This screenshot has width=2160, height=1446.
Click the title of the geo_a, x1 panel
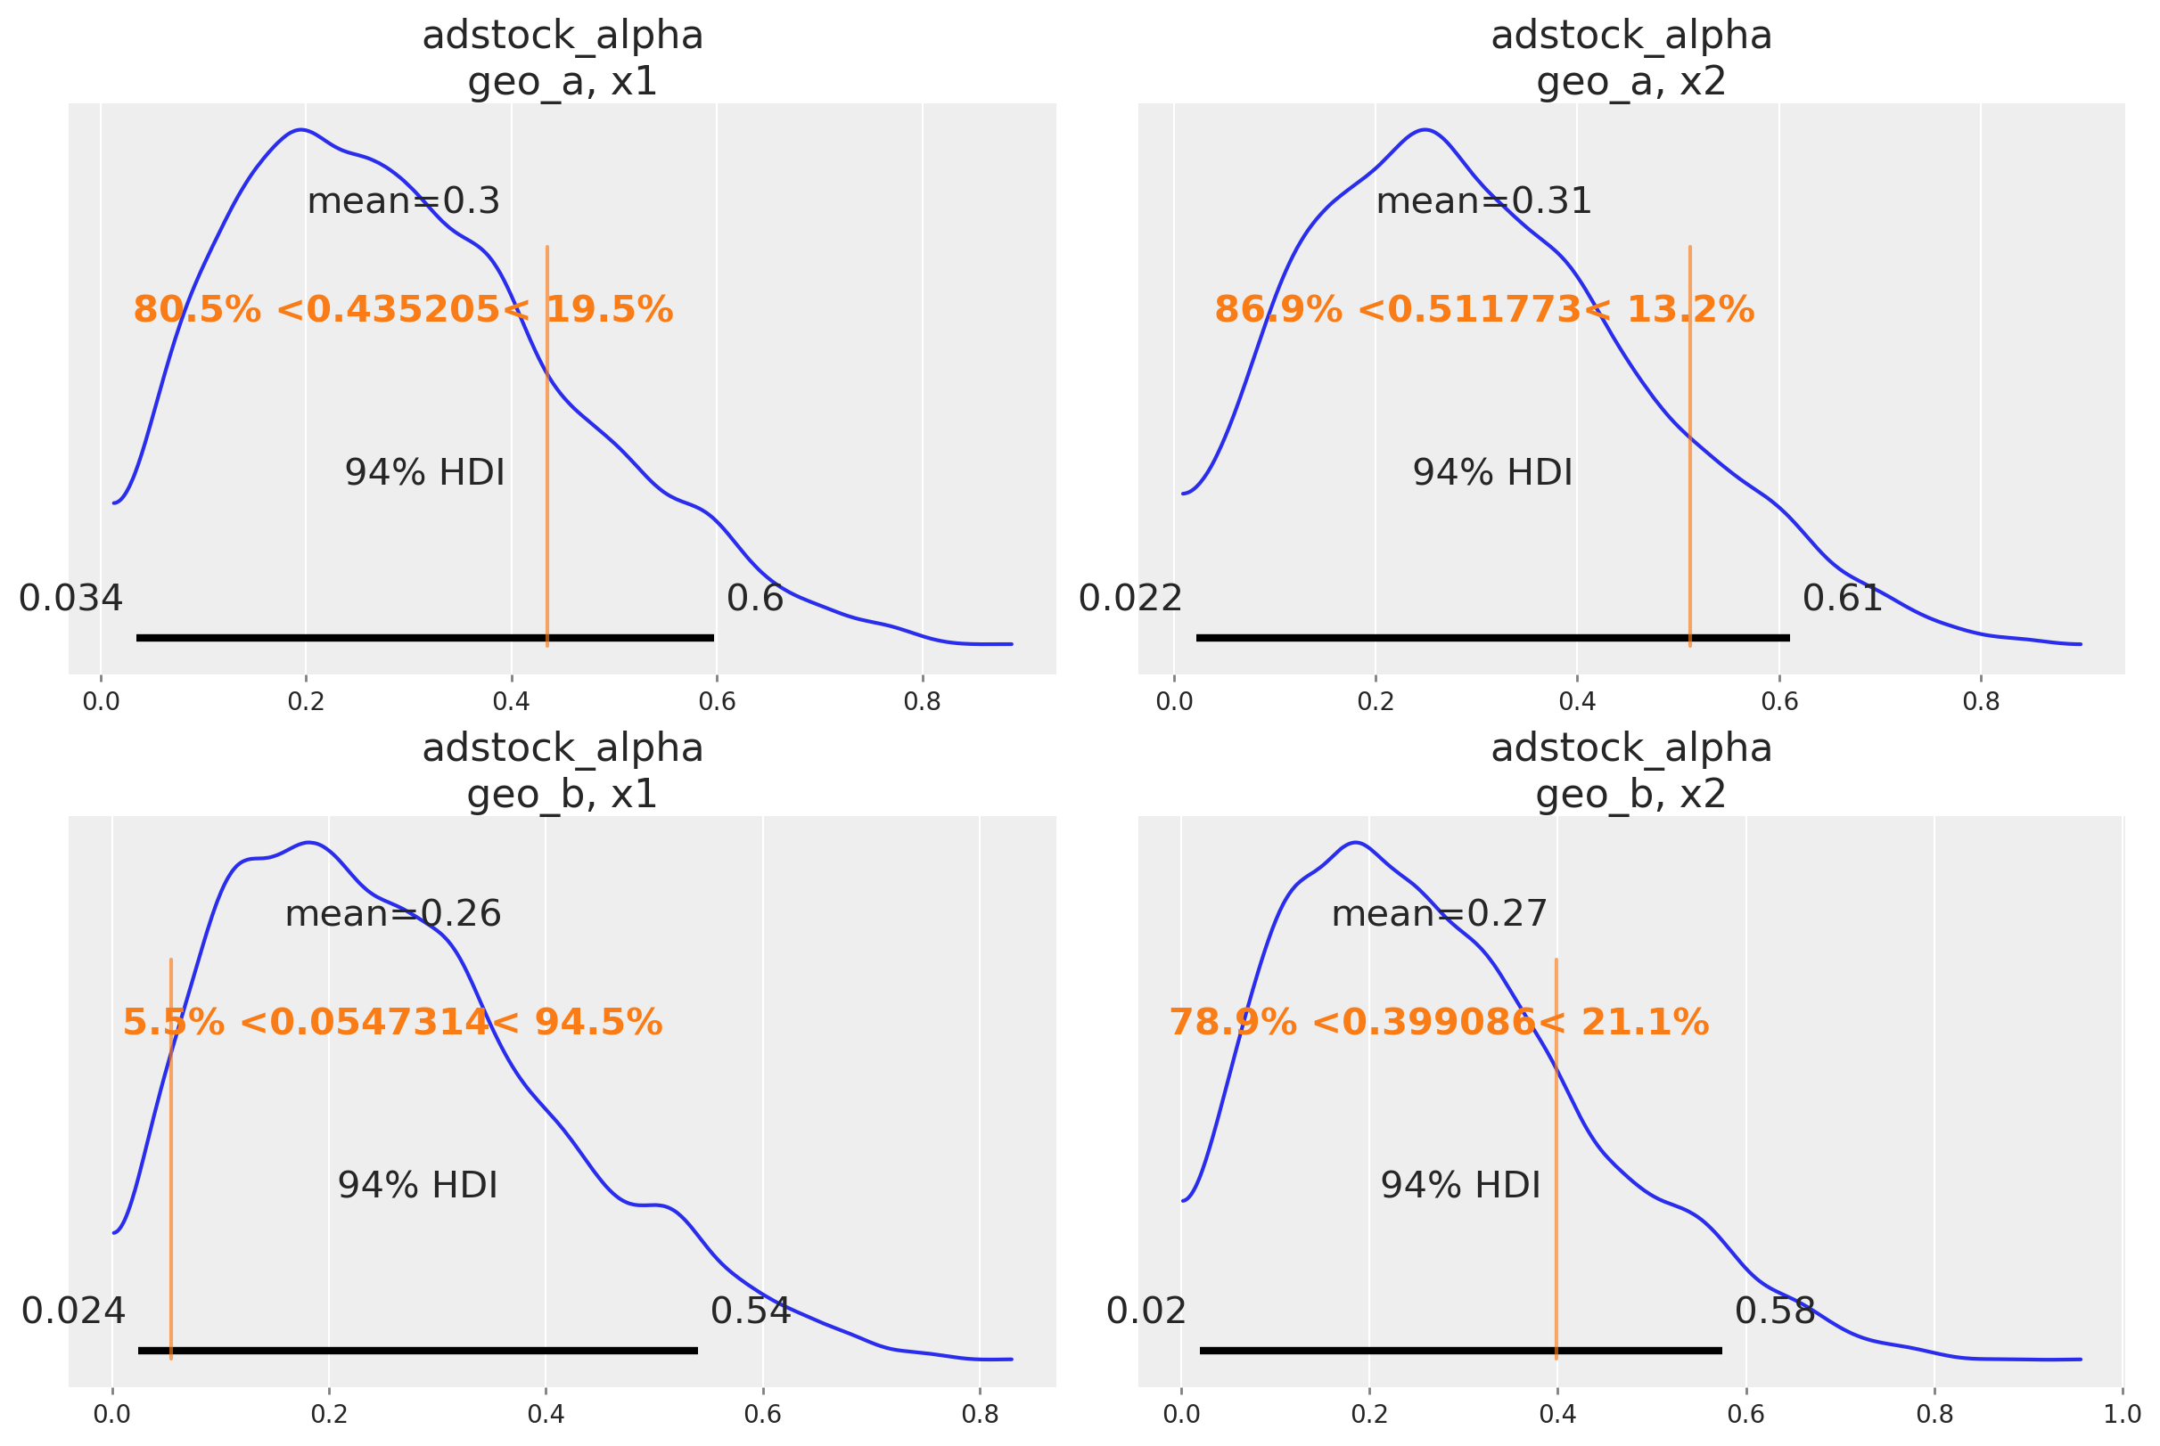coord(562,59)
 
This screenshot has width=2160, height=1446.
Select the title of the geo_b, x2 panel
coord(1630,771)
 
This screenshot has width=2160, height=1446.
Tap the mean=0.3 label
coord(403,201)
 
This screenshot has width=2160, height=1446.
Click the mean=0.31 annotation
coord(1483,201)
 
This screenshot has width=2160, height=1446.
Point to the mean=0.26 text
coord(393,914)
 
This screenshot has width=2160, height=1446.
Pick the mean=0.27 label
coord(1439,914)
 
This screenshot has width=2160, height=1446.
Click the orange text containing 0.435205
coord(403,310)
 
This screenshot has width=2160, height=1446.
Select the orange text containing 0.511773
coord(1483,310)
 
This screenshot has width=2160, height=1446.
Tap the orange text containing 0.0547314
coord(392,1023)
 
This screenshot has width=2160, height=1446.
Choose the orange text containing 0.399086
coord(1439,1023)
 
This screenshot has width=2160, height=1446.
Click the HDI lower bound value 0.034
coord(70,599)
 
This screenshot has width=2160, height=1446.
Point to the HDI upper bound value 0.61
coord(1842,599)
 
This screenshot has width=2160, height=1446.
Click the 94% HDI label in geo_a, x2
coord(1492,472)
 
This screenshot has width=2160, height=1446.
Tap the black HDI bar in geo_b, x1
coord(417,1350)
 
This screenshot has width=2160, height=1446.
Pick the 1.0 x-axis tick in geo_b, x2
coord(2123,1415)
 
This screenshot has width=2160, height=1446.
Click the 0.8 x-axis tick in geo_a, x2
coord(1980,702)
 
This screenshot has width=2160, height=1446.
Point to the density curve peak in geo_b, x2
coord(1354,843)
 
